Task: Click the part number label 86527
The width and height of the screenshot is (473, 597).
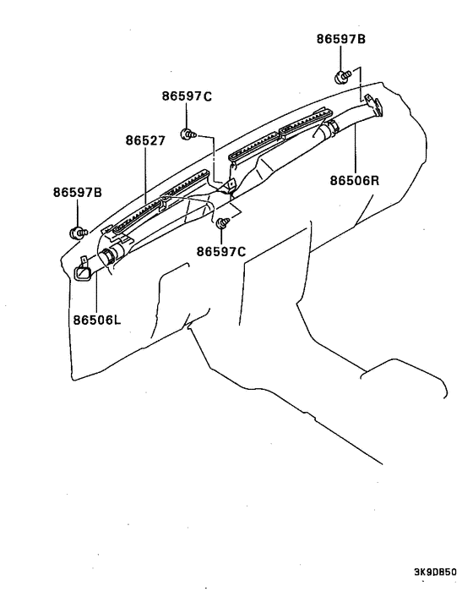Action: coord(145,141)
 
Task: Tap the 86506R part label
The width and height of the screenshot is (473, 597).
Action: coord(355,180)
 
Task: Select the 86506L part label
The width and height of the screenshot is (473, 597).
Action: coord(97,320)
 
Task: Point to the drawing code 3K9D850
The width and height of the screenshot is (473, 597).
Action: coord(435,572)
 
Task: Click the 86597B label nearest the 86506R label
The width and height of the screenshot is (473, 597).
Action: coord(341,39)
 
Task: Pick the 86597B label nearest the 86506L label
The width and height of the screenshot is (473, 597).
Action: coord(78,193)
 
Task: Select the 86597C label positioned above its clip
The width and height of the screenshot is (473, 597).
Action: coord(187,96)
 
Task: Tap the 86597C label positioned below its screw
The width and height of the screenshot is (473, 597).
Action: coord(221,252)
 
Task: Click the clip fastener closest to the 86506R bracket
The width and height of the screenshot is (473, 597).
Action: coord(342,77)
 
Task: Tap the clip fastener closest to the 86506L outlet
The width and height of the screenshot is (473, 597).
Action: coord(78,233)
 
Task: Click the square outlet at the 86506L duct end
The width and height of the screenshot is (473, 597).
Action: coord(82,274)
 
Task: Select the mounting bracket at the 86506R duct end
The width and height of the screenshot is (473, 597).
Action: coord(373,105)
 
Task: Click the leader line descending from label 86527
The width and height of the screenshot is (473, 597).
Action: coord(145,177)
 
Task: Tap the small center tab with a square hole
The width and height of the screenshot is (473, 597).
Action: coord(229,186)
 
